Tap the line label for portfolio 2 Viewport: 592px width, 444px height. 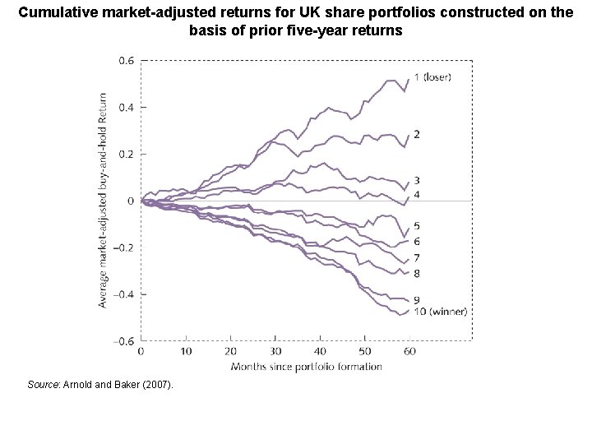(x=418, y=133)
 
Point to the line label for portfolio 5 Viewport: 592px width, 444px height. (x=418, y=225)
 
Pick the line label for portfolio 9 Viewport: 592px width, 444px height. (x=418, y=298)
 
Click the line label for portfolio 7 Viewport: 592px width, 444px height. (x=418, y=258)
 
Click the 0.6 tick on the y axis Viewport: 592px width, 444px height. (x=127, y=60)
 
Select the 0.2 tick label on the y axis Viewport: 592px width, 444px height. (x=127, y=154)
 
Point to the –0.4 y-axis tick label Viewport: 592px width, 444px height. (x=124, y=294)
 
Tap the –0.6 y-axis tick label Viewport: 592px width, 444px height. (x=124, y=341)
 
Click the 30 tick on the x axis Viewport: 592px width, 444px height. (x=275, y=351)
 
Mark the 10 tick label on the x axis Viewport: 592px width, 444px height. (x=186, y=351)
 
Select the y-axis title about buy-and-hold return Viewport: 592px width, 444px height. (x=103, y=201)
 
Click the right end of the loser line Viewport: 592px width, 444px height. (x=409, y=80)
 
